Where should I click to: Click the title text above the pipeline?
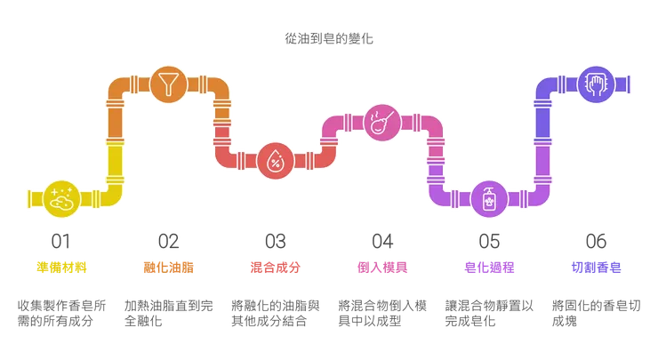point(330,38)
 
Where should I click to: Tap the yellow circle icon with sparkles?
point(62,199)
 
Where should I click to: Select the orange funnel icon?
point(169,84)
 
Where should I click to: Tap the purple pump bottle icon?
point(489,199)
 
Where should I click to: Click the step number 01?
point(62,239)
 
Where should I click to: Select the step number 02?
point(169,239)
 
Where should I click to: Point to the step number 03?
point(276,239)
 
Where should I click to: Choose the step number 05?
point(489,239)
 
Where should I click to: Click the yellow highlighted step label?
point(62,267)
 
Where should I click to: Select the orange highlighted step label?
point(169,267)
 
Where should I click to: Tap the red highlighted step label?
point(276,267)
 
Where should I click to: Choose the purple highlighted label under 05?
point(489,267)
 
